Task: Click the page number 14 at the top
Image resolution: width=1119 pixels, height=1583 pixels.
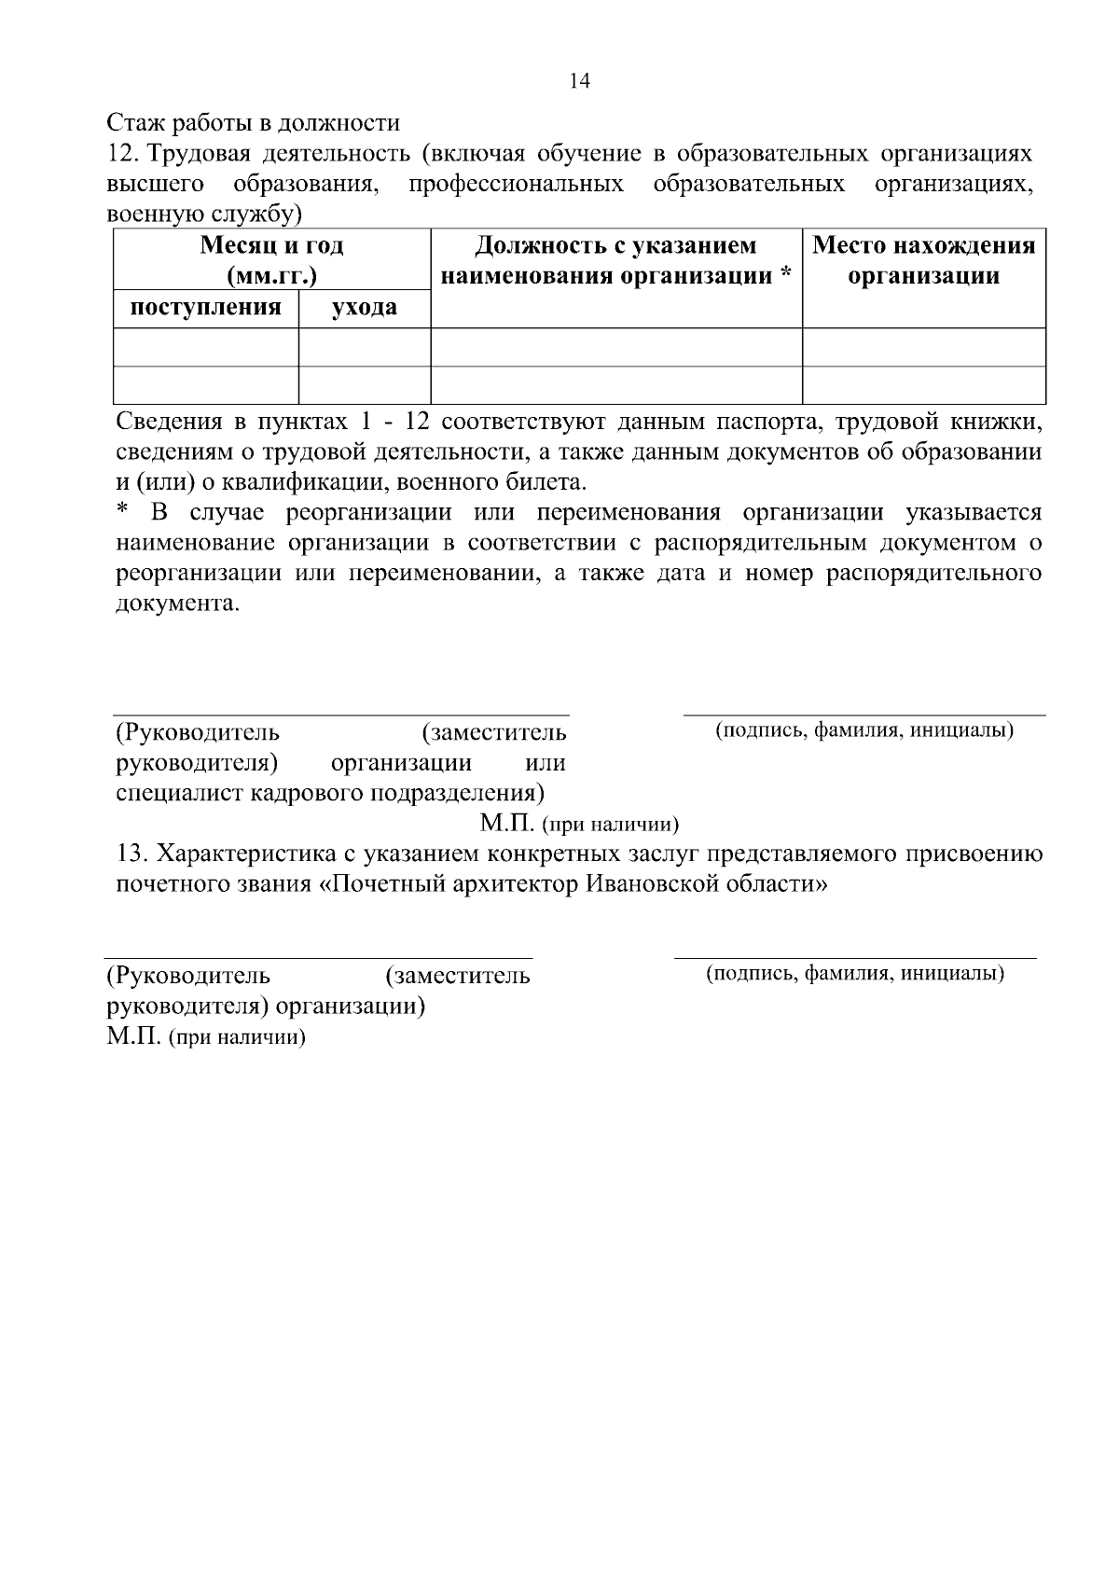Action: pos(579,81)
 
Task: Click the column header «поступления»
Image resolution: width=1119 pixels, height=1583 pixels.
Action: pos(205,308)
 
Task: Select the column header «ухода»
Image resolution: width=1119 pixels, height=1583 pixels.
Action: pos(364,308)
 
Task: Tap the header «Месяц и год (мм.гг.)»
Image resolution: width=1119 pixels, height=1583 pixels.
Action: pos(271,260)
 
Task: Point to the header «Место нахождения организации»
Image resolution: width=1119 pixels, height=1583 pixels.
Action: pos(923,260)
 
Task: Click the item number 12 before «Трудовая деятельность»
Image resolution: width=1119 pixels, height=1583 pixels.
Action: pos(121,153)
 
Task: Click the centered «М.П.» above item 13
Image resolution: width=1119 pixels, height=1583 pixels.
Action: pos(506,824)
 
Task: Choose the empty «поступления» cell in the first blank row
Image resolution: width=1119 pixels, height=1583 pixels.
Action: pos(205,347)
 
